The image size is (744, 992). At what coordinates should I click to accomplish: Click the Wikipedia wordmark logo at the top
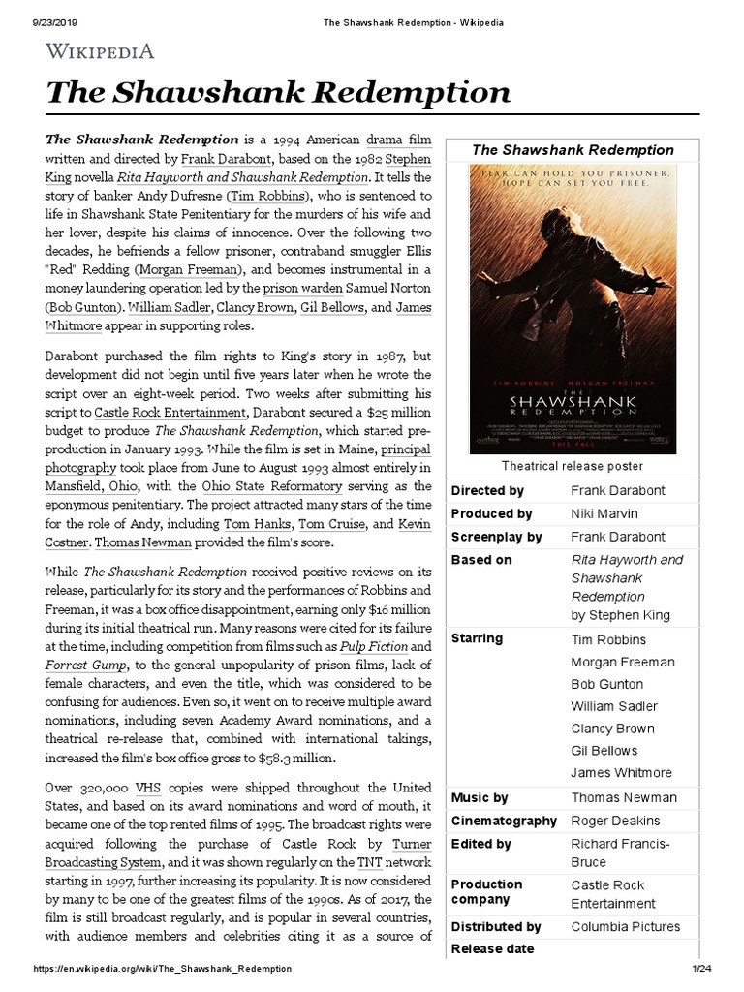tap(100, 50)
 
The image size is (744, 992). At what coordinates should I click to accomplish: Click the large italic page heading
tap(277, 92)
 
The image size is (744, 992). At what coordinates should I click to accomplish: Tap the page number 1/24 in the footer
tap(702, 969)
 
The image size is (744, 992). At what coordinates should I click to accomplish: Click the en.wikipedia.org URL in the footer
tap(162, 969)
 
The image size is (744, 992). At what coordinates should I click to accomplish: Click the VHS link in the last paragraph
tap(148, 788)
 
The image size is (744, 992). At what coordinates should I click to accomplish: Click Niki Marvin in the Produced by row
tap(605, 513)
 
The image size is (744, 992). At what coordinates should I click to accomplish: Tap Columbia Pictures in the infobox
tap(625, 927)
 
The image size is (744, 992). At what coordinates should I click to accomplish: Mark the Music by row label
tap(480, 797)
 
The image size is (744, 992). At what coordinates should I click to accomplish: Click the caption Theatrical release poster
tap(571, 466)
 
